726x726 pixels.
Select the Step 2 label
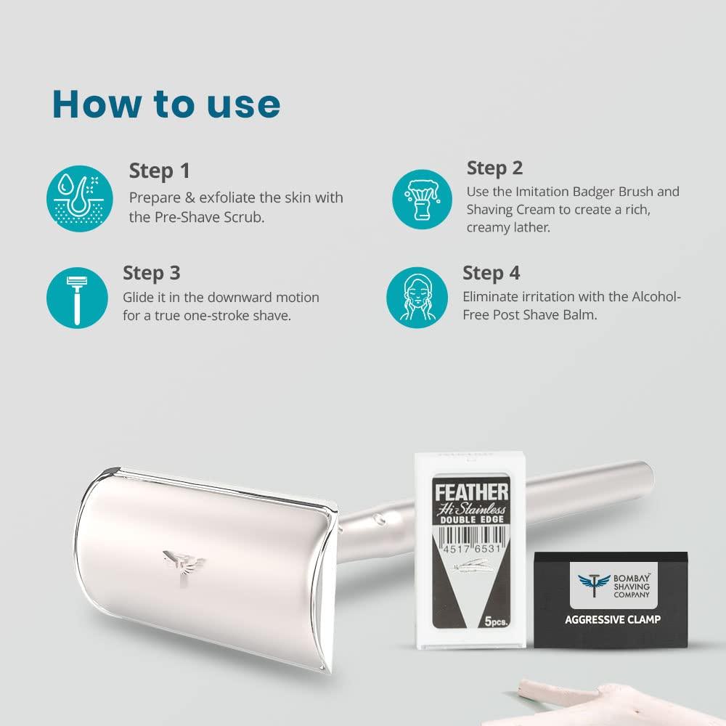click(494, 168)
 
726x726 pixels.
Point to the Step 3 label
click(152, 273)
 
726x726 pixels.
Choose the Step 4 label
click(492, 273)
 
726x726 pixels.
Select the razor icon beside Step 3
click(76, 298)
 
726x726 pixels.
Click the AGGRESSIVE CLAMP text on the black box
click(613, 619)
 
